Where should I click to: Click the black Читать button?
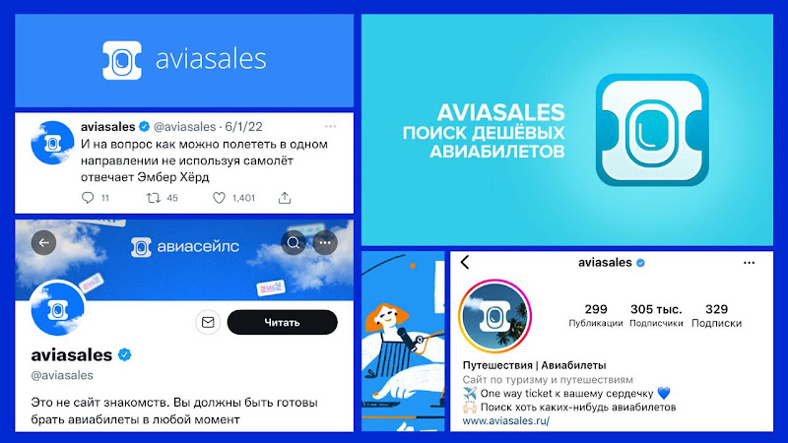coord(282,322)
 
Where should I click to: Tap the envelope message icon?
coord(208,322)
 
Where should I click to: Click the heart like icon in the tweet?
coord(219,198)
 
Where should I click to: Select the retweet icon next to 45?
coord(153,198)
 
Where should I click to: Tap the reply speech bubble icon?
coord(88,198)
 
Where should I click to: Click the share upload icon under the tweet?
coord(285,198)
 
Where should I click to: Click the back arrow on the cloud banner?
coord(43,242)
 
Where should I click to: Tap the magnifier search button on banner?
coord(293,243)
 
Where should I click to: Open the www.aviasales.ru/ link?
coord(506,421)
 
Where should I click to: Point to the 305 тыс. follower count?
coord(656,309)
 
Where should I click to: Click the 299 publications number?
coord(596,309)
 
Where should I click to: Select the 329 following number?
coord(716,309)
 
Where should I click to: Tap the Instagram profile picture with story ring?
coord(495,316)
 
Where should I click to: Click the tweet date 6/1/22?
coord(243,127)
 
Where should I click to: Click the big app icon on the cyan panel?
coord(652,130)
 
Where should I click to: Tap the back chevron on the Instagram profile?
coord(465,262)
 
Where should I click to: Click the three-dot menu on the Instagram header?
coord(749,263)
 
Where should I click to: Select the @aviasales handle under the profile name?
coord(62,375)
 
